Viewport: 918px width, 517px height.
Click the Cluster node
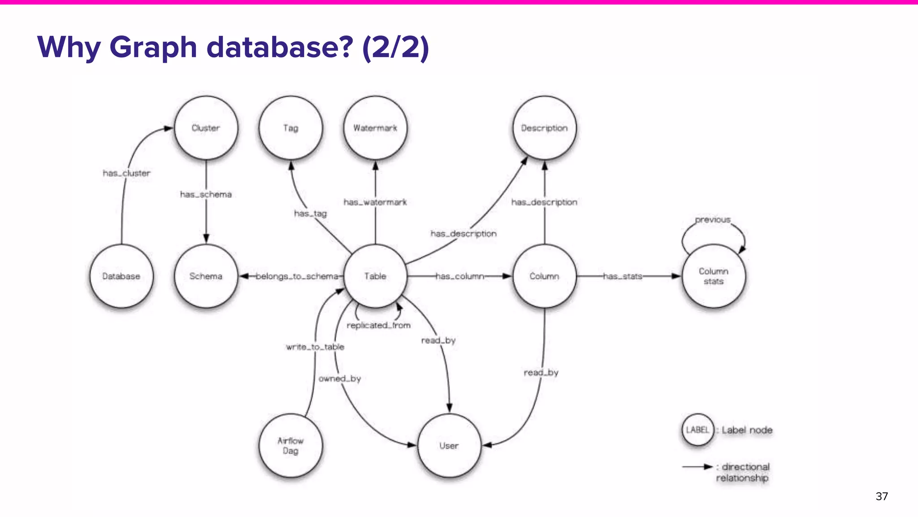tap(206, 128)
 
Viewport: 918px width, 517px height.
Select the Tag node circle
tap(290, 128)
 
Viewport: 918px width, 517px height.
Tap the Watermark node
tap(375, 128)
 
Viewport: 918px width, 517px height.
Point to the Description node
tap(544, 128)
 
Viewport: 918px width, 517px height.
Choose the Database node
tap(121, 276)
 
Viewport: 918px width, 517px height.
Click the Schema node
tap(206, 276)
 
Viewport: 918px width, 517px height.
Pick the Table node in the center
tap(375, 276)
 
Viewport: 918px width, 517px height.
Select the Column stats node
tap(713, 276)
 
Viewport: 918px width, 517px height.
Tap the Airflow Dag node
tap(290, 446)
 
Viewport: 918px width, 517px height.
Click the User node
tap(449, 446)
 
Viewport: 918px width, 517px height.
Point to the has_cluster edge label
tap(126, 173)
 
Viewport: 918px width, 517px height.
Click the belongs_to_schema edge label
tap(297, 276)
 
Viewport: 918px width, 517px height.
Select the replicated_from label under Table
tap(378, 325)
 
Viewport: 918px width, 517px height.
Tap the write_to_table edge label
tap(315, 347)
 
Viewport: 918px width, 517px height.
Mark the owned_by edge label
tap(340, 379)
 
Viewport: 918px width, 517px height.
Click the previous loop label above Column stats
tap(713, 219)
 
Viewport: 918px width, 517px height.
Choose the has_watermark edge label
tap(375, 202)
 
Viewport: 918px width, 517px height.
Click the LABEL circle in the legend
tap(697, 429)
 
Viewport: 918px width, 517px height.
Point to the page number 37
tap(882, 496)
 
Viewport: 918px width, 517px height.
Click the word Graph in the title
tap(153, 48)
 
